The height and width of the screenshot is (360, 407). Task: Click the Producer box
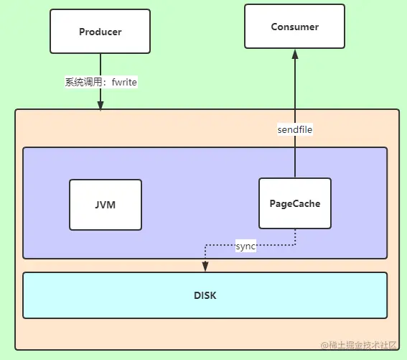tap(100, 32)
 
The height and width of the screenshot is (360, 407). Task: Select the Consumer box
tap(294, 27)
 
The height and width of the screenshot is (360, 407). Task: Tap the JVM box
tap(106, 205)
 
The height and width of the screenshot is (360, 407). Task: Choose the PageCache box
tap(295, 203)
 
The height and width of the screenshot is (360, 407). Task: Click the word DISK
tap(205, 295)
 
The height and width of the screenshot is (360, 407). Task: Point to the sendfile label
tap(295, 129)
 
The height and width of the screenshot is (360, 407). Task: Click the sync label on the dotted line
tap(245, 246)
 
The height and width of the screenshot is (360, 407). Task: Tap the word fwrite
tap(124, 82)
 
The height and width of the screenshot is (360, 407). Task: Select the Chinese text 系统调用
tap(83, 82)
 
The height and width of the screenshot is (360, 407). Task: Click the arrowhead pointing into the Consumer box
tap(295, 54)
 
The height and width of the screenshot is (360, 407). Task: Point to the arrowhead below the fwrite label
tap(100, 106)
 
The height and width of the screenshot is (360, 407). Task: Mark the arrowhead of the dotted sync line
tap(205, 267)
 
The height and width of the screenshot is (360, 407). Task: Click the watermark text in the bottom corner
tap(358, 345)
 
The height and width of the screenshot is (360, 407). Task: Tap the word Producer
tap(100, 32)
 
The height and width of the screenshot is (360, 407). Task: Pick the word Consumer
tap(294, 27)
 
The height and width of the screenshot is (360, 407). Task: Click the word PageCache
tap(295, 203)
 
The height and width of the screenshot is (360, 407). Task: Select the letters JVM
tap(105, 205)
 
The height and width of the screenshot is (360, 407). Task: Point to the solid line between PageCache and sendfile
tap(295, 157)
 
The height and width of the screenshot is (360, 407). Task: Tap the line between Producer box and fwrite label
tap(100, 65)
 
